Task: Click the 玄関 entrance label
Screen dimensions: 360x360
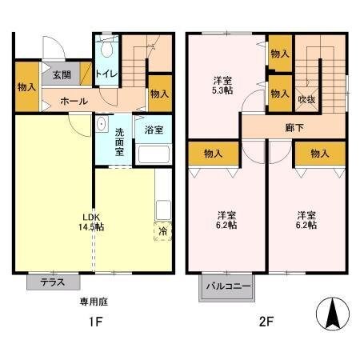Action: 62,75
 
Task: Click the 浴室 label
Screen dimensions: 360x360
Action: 154,128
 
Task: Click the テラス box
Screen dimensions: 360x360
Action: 53,282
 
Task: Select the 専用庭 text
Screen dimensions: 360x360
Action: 92,302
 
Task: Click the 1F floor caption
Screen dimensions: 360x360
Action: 94,323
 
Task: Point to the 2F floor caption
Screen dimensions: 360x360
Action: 266,323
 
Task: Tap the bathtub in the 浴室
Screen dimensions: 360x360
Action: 153,154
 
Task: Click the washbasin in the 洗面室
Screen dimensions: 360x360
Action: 102,126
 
